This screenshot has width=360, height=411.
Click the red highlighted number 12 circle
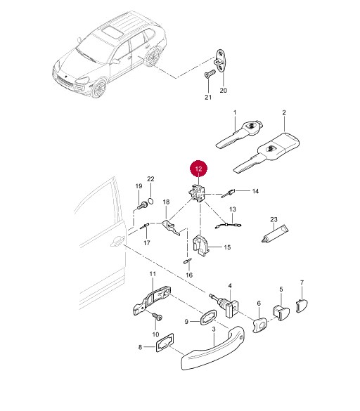[198, 169]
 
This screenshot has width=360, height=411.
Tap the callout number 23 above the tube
[274, 219]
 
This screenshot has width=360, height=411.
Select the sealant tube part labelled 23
[275, 234]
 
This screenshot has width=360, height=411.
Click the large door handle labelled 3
[213, 348]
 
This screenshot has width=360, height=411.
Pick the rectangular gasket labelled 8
[165, 343]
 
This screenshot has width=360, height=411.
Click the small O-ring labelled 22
[151, 202]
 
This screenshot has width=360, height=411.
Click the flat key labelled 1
[239, 134]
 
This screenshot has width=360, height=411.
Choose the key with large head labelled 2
[267, 153]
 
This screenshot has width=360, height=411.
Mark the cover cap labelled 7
[302, 306]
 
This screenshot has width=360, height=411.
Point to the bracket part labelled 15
[202, 245]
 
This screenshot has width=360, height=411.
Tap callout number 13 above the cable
[233, 209]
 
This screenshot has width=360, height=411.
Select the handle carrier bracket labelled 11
[153, 300]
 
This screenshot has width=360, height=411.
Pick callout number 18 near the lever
[166, 202]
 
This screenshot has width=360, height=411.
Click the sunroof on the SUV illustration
[112, 32]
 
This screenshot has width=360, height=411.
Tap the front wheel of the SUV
[99, 88]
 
